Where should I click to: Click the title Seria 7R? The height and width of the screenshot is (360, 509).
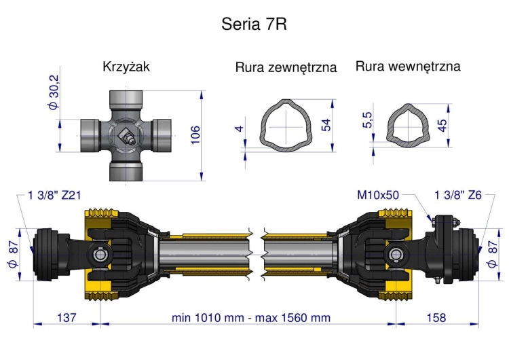(x=254, y=24)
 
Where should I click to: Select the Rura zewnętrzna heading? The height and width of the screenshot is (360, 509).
(x=286, y=67)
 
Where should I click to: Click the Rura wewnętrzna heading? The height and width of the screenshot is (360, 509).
(x=407, y=67)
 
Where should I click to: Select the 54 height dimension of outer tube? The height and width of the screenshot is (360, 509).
(x=326, y=126)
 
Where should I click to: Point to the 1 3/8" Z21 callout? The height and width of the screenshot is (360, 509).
(x=54, y=196)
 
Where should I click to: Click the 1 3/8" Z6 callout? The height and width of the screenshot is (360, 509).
(x=458, y=196)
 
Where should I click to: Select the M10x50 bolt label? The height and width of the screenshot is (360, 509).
(x=378, y=196)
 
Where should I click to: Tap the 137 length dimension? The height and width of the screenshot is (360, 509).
(x=66, y=317)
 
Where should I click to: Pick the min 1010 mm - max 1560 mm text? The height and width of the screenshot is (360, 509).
(x=250, y=317)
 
